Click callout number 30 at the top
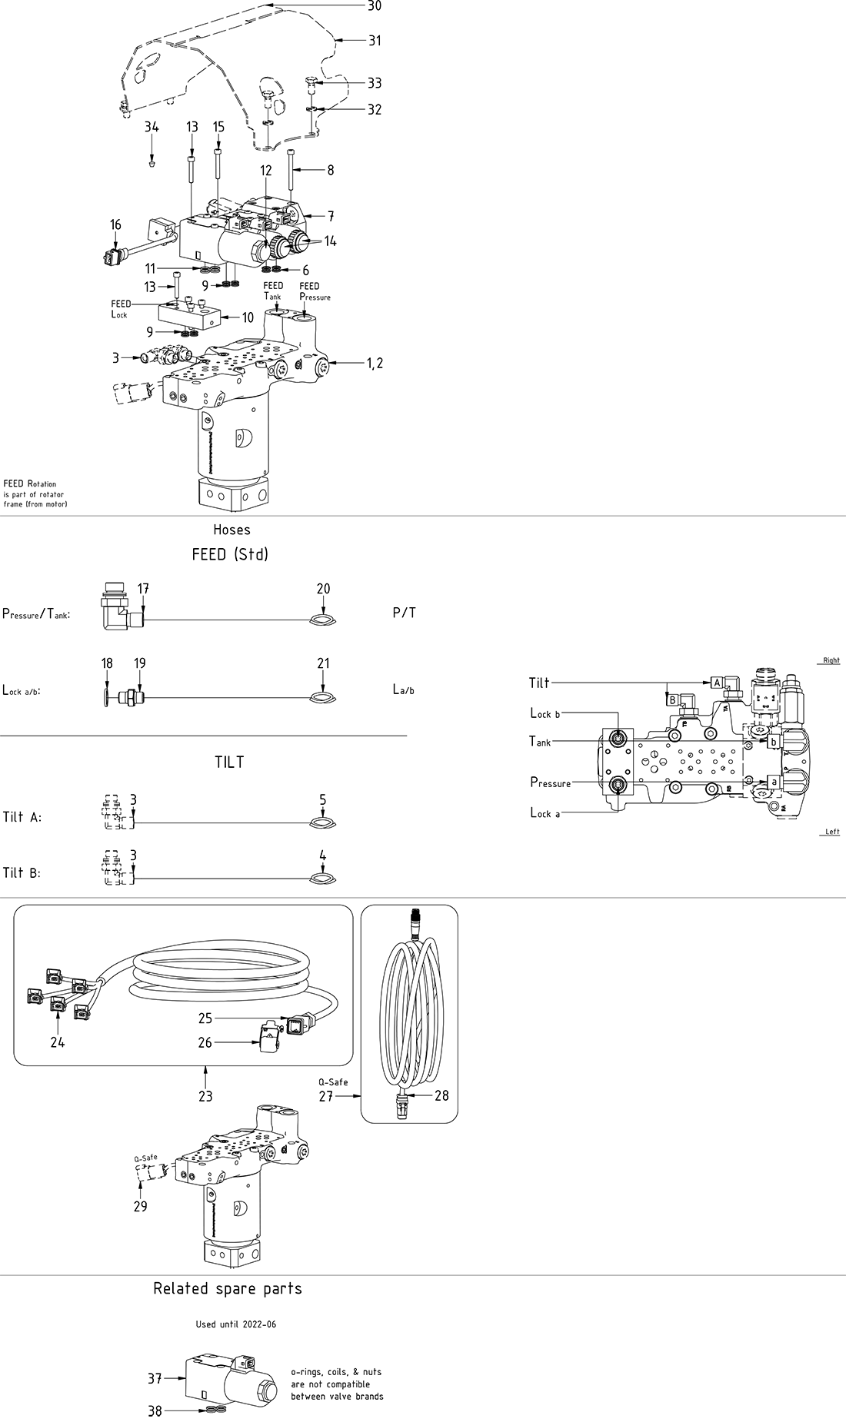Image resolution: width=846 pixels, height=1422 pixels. pos(375,6)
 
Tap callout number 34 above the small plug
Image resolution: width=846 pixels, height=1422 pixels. pos(152,128)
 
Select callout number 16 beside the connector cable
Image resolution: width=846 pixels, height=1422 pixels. pos(115,225)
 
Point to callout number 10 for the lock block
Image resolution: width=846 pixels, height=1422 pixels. pos(248,317)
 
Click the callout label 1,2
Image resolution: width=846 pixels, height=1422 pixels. pos(375,364)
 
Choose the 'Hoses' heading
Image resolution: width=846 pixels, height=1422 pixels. pos(231,530)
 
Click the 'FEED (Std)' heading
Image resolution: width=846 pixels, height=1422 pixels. pos(230,554)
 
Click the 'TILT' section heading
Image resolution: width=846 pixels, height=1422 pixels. pos(229,762)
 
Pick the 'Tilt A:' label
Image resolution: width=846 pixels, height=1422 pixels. pos(22,817)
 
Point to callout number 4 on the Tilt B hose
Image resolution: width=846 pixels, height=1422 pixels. pos(323,856)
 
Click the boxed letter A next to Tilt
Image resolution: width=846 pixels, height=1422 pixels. pos(716,683)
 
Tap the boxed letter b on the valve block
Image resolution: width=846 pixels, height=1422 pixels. pos(773,742)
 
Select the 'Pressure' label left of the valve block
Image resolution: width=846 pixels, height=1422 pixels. pos(551,783)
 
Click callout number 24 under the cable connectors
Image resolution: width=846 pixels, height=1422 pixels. pos(58,1042)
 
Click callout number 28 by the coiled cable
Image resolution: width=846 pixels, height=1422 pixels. pos(441,1095)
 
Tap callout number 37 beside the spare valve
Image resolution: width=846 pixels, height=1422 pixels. pos(155,1379)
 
